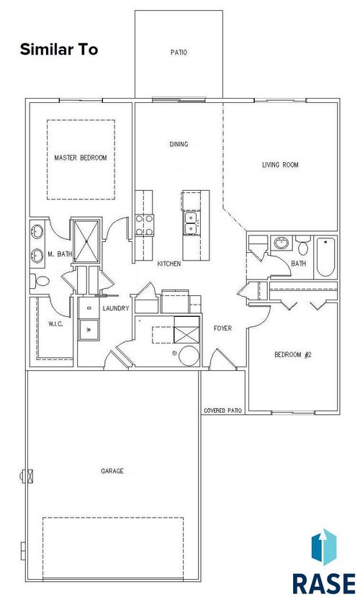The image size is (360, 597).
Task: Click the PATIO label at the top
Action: pyautogui.click(x=179, y=52)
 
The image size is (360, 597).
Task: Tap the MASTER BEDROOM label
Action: pyautogui.click(x=81, y=158)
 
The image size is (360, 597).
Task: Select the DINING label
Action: pyautogui.click(x=179, y=144)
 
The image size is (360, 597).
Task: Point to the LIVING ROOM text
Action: pyautogui.click(x=279, y=165)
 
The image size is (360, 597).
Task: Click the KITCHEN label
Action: pyautogui.click(x=168, y=264)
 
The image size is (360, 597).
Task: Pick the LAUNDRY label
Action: pyautogui.click(x=115, y=308)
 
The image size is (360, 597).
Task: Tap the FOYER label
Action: pyautogui.click(x=222, y=328)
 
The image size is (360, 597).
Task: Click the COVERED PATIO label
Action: pyautogui.click(x=222, y=410)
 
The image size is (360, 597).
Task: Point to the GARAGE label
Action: pyautogui.click(x=112, y=471)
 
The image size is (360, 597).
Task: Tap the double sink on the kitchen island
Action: pyautogui.click(x=192, y=223)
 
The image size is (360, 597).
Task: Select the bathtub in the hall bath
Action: pyautogui.click(x=326, y=257)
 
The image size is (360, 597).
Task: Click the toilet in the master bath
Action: pyautogui.click(x=40, y=281)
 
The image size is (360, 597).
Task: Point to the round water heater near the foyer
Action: pyautogui.click(x=188, y=355)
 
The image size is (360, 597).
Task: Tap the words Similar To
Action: pyautogui.click(x=59, y=50)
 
